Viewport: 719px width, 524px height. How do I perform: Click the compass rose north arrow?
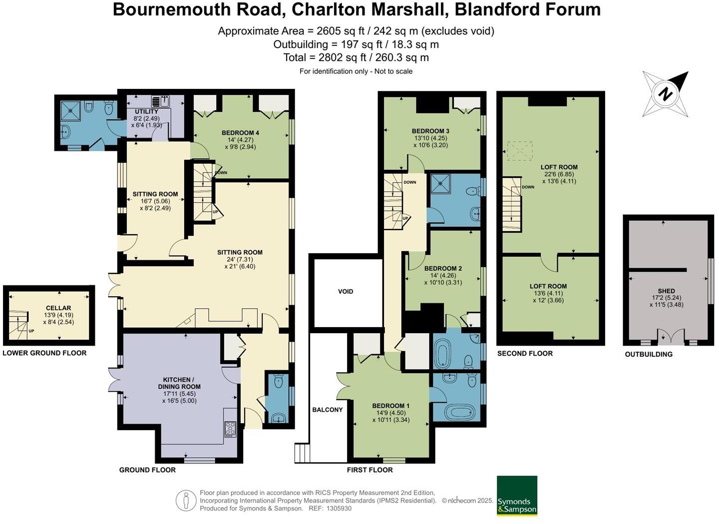click(x=665, y=93)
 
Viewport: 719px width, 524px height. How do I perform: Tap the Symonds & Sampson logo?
click(x=517, y=496)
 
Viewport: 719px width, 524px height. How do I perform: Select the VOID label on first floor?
click(x=346, y=291)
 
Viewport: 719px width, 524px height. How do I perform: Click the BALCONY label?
click(x=328, y=410)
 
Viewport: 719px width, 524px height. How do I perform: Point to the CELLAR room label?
click(x=58, y=308)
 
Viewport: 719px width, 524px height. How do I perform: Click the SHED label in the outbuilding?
click(x=666, y=291)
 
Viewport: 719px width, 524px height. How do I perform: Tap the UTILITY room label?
click(x=146, y=111)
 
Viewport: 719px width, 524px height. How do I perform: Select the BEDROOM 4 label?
click(x=240, y=133)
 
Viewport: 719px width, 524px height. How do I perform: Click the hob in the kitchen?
click(x=230, y=429)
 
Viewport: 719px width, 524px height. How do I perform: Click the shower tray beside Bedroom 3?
click(x=440, y=183)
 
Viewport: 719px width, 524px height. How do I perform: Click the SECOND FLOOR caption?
click(x=525, y=353)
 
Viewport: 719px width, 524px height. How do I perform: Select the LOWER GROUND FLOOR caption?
click(x=44, y=353)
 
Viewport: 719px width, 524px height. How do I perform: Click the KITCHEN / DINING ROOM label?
click(x=179, y=383)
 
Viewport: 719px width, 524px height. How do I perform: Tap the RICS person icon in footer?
click(x=186, y=500)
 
